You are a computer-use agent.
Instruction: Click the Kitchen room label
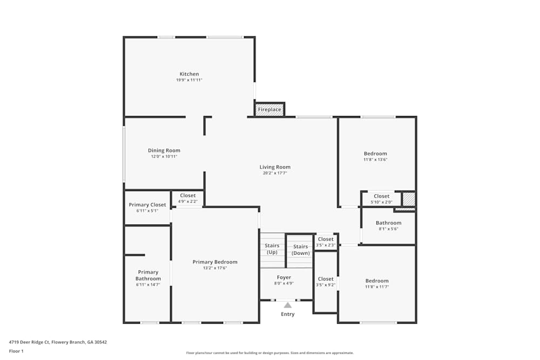[189, 74]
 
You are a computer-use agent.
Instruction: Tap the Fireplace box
[269, 110]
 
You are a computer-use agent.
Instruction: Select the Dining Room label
[164, 151]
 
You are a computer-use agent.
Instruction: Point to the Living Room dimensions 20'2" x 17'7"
[275, 173]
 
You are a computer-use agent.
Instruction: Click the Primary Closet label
[147, 205]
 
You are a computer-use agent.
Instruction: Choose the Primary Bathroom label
[148, 275]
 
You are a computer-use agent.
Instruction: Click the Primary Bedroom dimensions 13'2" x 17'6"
[215, 268]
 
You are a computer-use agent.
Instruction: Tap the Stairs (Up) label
[272, 249]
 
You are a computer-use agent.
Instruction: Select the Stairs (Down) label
[300, 249]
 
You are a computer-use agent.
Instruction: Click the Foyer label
[283, 277]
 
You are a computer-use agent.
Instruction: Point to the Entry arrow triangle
[288, 305]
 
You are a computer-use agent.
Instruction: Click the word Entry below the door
[288, 314]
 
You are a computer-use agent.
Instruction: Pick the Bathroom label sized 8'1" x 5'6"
[388, 223]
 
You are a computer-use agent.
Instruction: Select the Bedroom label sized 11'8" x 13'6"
[375, 154]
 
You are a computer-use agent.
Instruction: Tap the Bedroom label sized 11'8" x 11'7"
[376, 281]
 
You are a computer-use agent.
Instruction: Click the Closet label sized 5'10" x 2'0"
[381, 196]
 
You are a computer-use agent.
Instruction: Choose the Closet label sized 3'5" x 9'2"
[326, 279]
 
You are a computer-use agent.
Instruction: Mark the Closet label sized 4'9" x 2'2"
[188, 195]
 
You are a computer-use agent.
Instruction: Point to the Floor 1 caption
[16, 351]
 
